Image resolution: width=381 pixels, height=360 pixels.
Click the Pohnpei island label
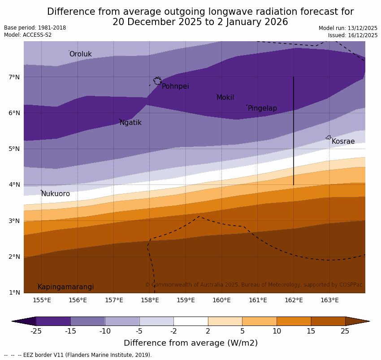(175, 86)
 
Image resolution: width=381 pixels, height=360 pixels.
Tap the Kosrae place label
(343, 141)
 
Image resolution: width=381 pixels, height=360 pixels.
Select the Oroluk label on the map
(80, 54)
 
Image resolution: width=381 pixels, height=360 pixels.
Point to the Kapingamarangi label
(65, 287)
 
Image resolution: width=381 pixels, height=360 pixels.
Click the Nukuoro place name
(56, 194)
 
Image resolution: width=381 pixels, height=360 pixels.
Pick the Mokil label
(225, 98)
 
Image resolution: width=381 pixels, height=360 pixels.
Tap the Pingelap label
(262, 108)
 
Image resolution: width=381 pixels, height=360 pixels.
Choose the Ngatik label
(130, 123)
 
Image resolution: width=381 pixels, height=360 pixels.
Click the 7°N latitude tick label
(14, 77)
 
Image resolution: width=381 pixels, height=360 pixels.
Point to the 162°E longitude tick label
(294, 300)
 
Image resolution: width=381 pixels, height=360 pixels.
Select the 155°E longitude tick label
(42, 300)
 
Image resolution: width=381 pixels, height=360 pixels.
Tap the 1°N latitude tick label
(14, 293)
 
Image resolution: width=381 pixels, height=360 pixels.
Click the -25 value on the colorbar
(36, 331)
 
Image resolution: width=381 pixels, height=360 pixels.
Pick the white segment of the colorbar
(190, 321)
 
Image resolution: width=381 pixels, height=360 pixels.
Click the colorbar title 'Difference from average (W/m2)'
(190, 343)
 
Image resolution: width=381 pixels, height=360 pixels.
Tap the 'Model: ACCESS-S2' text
(28, 35)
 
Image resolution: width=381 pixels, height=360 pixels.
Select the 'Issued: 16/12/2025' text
(352, 35)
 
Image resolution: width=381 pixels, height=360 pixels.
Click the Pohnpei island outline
(157, 81)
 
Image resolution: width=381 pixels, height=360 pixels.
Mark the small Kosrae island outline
(329, 137)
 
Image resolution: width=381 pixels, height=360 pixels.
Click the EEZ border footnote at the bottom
(78, 355)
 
